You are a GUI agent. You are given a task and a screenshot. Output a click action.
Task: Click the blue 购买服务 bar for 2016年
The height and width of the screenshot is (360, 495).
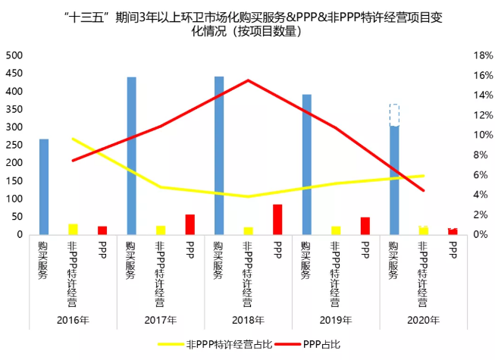[x=44, y=186]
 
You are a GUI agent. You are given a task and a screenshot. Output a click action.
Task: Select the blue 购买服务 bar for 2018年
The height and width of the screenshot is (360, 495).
[x=219, y=155]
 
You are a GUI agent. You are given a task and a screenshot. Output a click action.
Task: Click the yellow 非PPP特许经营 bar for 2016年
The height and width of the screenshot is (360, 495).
[x=73, y=229]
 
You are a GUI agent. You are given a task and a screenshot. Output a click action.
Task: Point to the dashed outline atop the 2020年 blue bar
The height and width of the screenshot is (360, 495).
[x=394, y=115]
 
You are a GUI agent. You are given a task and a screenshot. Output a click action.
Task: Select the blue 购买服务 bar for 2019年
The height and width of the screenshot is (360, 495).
[x=307, y=164]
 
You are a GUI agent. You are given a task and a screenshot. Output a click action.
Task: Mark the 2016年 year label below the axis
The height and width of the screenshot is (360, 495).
[x=73, y=319]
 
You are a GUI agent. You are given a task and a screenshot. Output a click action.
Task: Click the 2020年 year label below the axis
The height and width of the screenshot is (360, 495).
[x=423, y=319]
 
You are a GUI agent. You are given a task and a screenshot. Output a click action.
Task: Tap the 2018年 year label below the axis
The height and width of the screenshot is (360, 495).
[x=248, y=319]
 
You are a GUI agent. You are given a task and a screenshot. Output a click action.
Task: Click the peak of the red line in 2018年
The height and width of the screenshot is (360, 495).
[x=248, y=80]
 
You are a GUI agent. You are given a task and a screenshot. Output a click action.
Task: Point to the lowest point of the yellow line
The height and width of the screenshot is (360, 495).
[x=248, y=196]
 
